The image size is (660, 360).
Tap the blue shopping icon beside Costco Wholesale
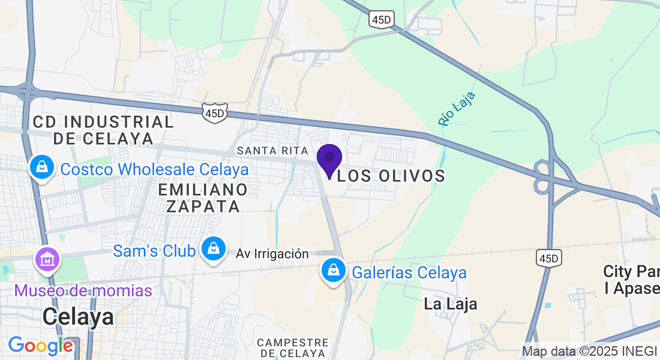[x=42, y=167]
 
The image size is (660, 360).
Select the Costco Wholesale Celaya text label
[x=155, y=169]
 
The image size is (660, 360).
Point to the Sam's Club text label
[x=154, y=250]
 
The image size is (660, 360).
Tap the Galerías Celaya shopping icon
[x=333, y=271]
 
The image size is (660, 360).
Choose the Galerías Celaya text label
[x=409, y=272]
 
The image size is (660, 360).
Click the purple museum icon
[x=47, y=260]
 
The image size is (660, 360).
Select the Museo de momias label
[x=83, y=291]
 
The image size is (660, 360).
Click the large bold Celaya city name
[x=79, y=316]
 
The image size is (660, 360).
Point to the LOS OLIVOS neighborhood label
[x=391, y=176]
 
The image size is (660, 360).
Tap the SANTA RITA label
[x=272, y=149]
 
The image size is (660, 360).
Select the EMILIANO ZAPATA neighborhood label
[x=203, y=198]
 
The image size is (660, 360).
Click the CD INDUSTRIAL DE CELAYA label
[x=103, y=130]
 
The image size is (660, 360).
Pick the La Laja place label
[x=451, y=304]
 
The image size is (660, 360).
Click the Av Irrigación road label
[x=272, y=254]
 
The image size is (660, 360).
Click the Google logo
[x=40, y=346]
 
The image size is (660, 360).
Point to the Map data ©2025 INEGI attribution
[x=590, y=351]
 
